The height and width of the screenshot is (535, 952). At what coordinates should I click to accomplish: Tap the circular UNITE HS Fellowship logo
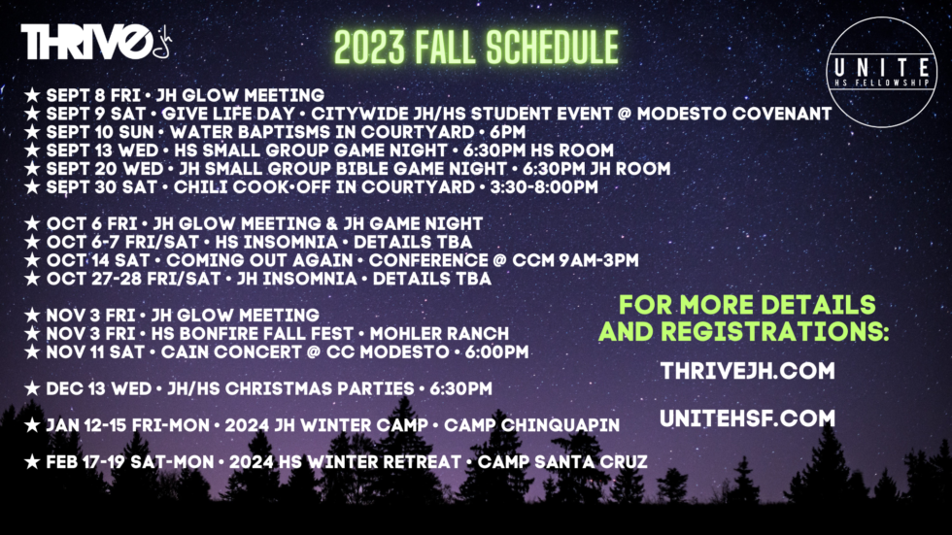click(882, 72)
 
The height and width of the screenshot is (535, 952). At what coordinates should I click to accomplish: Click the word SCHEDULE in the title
click(552, 48)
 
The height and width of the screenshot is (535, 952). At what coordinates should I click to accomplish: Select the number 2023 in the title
click(369, 48)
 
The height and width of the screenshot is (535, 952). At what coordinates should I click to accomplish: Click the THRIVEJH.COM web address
click(747, 371)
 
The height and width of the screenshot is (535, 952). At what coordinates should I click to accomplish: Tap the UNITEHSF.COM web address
click(747, 418)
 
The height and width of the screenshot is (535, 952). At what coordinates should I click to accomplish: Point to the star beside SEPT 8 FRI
click(32, 95)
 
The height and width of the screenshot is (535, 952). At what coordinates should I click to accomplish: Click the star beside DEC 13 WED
click(32, 388)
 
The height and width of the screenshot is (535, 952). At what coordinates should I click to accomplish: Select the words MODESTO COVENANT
click(734, 114)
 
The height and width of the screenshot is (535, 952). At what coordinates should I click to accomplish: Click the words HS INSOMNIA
click(276, 242)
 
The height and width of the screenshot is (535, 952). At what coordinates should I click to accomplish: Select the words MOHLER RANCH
click(439, 334)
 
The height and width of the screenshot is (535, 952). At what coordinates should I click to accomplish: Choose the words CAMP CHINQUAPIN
click(532, 425)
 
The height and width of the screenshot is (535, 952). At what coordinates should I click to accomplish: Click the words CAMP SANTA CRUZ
click(562, 462)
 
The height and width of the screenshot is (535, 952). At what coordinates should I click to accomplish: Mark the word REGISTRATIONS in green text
click(775, 332)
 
